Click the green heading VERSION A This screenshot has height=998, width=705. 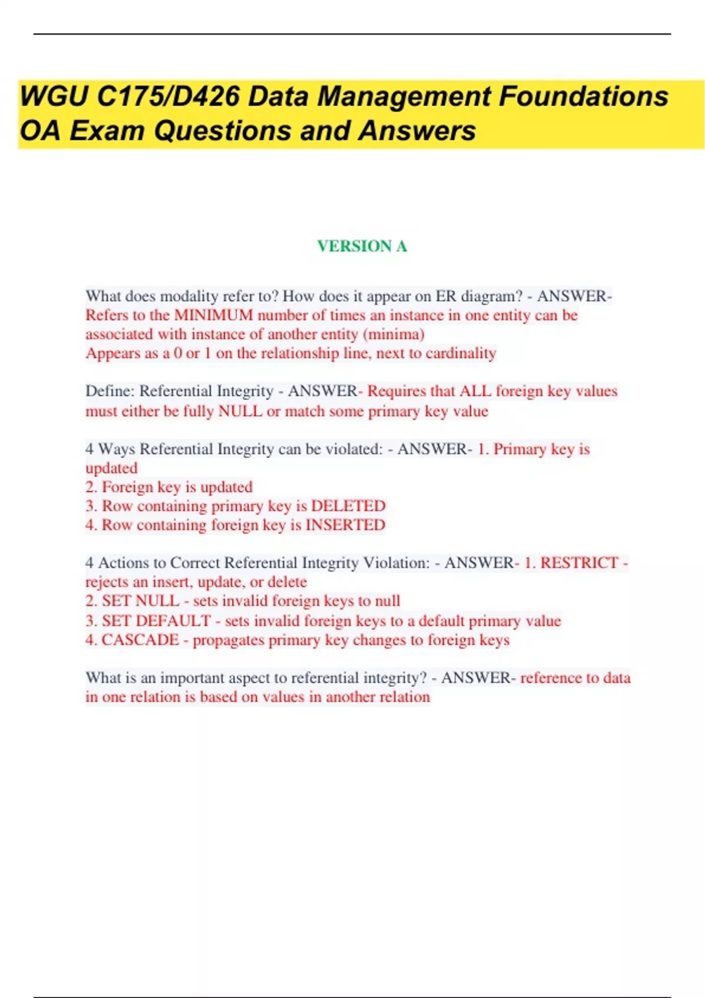pyautogui.click(x=362, y=246)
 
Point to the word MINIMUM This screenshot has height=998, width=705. pyautogui.click(x=213, y=315)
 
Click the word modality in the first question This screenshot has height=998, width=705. pyautogui.click(x=189, y=296)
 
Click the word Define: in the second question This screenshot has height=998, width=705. pyautogui.click(x=110, y=391)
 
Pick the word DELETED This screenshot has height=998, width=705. pyautogui.click(x=348, y=506)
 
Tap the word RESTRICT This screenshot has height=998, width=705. pyautogui.click(x=579, y=562)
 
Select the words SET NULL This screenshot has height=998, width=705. pyautogui.click(x=140, y=601)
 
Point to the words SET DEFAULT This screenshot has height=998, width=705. pyautogui.click(x=156, y=621)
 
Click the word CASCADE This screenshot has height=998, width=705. pyautogui.click(x=140, y=639)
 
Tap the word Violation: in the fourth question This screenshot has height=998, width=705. pyautogui.click(x=397, y=562)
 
